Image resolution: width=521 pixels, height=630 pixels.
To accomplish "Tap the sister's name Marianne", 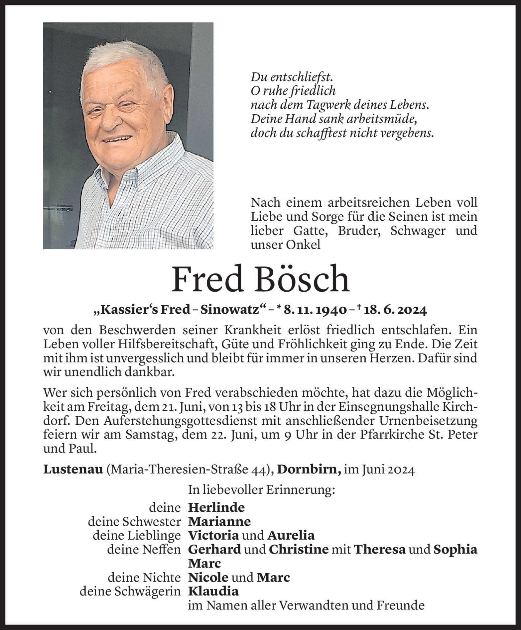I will point(219,521).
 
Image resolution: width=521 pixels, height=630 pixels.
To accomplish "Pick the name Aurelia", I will point(291,535).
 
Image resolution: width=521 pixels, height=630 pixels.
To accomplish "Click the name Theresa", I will point(379,549).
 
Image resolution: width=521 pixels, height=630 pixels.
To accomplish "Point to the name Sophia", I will point(455,549).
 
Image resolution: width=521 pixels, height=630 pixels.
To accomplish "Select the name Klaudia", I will point(213,591).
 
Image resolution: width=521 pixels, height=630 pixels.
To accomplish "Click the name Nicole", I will point(208,577).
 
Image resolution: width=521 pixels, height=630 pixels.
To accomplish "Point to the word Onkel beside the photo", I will point(300,245).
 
